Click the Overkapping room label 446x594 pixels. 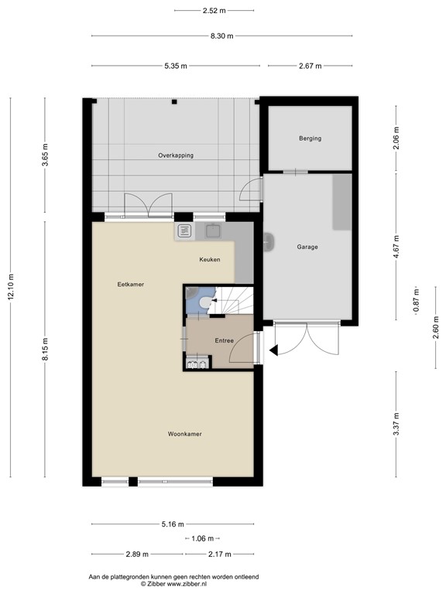(x=176, y=155)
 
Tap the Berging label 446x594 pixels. (x=310, y=138)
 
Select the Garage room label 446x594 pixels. (x=307, y=247)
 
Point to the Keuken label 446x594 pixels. (x=209, y=259)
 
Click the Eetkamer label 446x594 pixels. (x=131, y=284)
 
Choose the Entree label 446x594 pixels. (x=225, y=340)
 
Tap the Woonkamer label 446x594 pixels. (x=184, y=434)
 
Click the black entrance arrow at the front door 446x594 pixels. (x=273, y=351)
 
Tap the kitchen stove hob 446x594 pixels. (x=185, y=230)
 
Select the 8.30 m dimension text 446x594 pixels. (x=221, y=36)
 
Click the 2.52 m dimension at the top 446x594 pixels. (x=214, y=10)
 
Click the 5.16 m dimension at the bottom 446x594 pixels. (x=172, y=524)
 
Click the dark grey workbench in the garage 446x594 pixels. (x=341, y=202)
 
